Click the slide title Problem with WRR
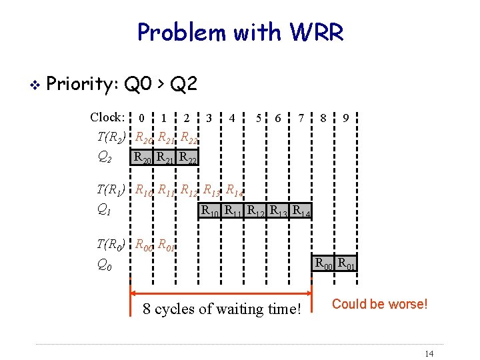click(240, 32)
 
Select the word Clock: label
click(107, 117)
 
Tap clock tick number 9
click(345, 119)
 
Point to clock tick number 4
click(232, 119)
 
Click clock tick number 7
click(301, 119)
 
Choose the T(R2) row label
click(111, 138)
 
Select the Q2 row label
click(105, 157)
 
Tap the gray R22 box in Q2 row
click(188, 158)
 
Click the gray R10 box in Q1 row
click(211, 211)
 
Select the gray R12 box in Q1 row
click(256, 211)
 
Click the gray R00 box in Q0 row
click(323, 263)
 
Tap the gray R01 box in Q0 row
click(346, 263)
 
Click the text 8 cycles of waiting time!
click(222, 309)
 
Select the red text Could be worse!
click(379, 304)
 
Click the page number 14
click(429, 353)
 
